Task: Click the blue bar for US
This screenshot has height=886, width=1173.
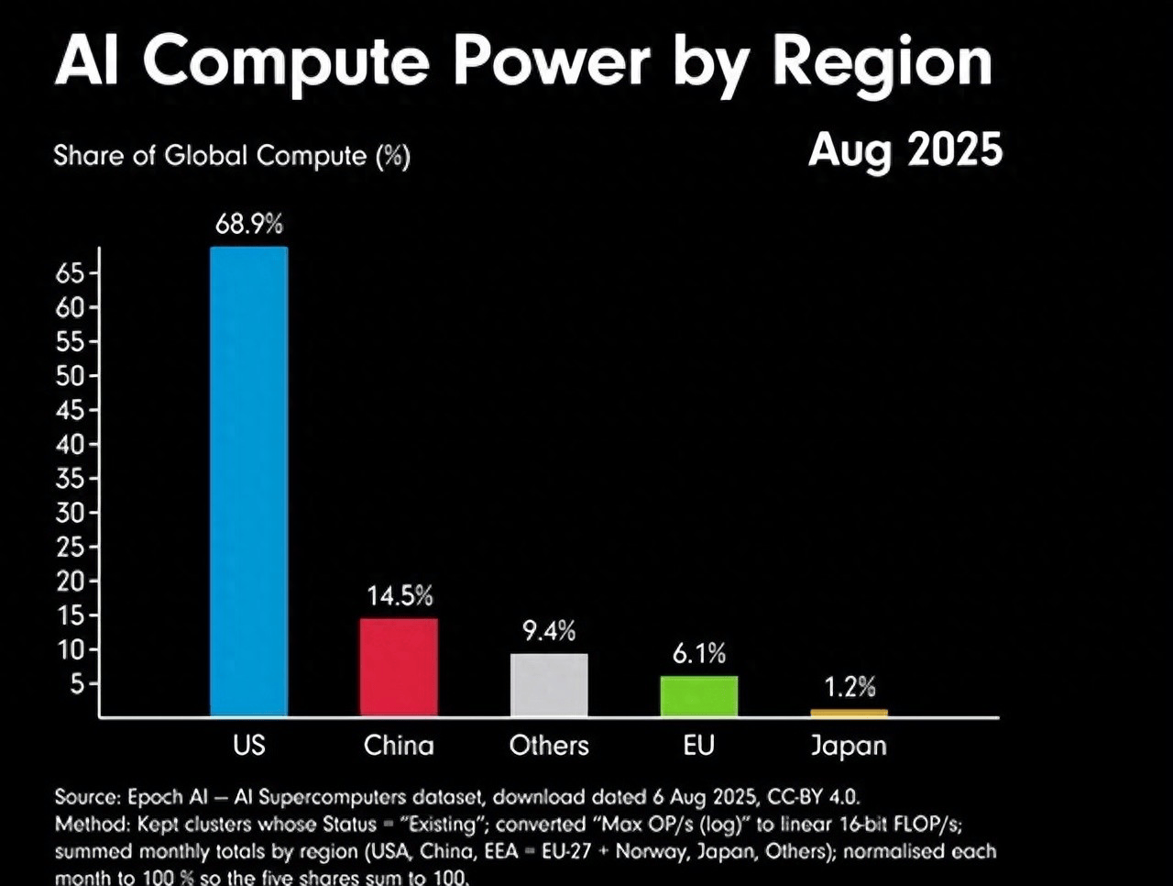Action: coord(248,482)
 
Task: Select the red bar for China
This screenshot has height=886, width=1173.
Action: coord(399,667)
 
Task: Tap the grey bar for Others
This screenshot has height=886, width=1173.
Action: coord(549,684)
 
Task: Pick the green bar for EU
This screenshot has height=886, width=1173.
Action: coord(698,695)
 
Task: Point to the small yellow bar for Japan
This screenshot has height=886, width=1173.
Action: coord(849,713)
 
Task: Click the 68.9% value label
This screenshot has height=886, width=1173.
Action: coord(249,224)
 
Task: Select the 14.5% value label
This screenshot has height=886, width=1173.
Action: coord(400,596)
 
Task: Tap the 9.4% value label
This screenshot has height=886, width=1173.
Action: coord(549,631)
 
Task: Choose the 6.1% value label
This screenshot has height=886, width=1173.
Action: coord(699,654)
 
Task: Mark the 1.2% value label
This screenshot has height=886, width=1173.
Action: coord(850,687)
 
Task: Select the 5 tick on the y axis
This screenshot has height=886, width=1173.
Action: coord(77,684)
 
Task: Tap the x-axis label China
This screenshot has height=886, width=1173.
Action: coord(399,745)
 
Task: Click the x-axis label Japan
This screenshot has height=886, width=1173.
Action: coord(849,746)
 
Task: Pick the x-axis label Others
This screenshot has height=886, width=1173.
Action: coord(549,745)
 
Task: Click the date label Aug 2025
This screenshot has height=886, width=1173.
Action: coord(905,150)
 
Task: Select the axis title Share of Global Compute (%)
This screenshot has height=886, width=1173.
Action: coord(232,156)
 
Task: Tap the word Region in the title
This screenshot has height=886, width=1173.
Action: coord(882,62)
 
